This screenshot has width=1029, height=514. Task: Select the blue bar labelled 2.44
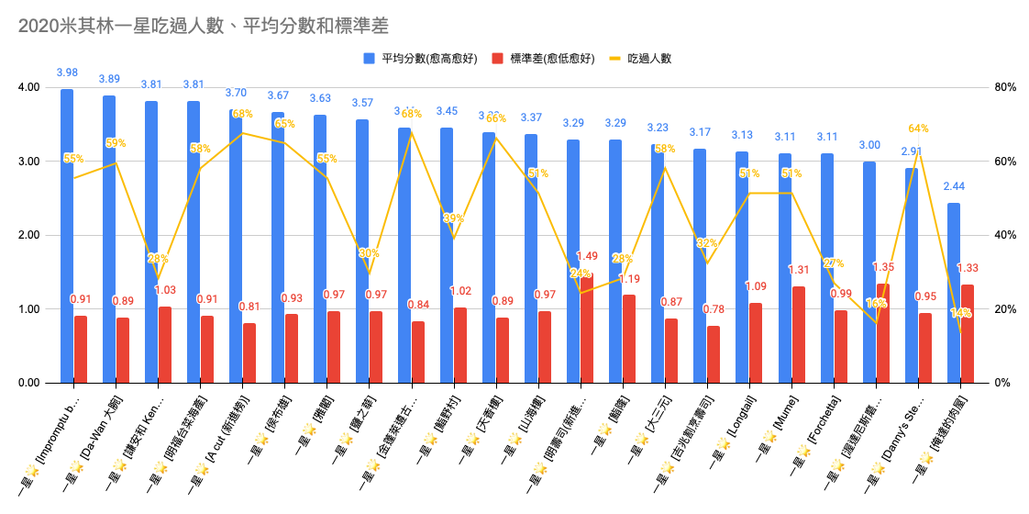954,293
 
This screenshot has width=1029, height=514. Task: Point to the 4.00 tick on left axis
28,88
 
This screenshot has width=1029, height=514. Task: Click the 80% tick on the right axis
1005,88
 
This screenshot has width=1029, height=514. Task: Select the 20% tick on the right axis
1005,309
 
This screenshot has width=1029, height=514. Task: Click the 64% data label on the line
919,129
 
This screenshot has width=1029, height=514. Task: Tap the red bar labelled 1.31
798,334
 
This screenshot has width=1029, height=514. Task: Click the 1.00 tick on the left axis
28,309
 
